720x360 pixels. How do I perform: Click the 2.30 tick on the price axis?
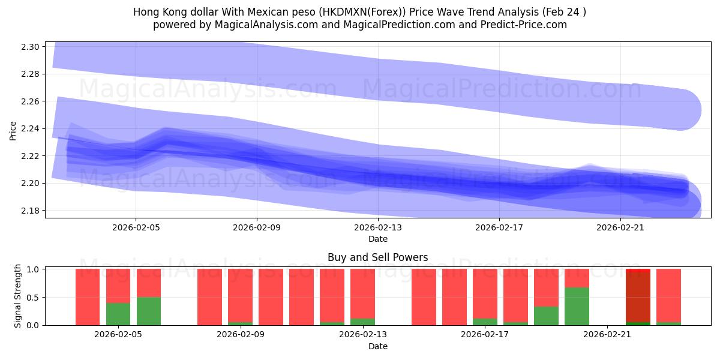coord(31,47)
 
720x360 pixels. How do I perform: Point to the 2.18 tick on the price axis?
coord(31,211)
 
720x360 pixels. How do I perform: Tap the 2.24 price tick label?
coord(31,128)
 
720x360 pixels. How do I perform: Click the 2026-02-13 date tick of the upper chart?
coord(378,228)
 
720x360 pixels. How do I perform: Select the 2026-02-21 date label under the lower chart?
coord(607,335)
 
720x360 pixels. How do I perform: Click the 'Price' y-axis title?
coord(13,130)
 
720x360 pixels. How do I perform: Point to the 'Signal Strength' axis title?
coord(18,296)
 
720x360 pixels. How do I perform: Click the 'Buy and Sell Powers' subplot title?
coord(377,257)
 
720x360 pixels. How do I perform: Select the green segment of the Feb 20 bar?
coord(577,306)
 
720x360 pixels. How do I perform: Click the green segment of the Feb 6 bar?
coord(149,311)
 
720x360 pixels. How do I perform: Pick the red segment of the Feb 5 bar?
coord(118,286)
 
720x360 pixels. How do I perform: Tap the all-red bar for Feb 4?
coord(88,297)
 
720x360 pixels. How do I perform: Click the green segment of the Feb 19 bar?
coord(546,316)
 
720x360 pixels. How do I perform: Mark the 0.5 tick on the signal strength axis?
coord(34,297)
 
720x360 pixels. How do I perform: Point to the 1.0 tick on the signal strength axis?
coord(34,269)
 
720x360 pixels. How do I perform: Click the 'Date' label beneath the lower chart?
coord(377,346)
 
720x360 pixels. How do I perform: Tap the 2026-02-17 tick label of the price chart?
coord(499,228)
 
